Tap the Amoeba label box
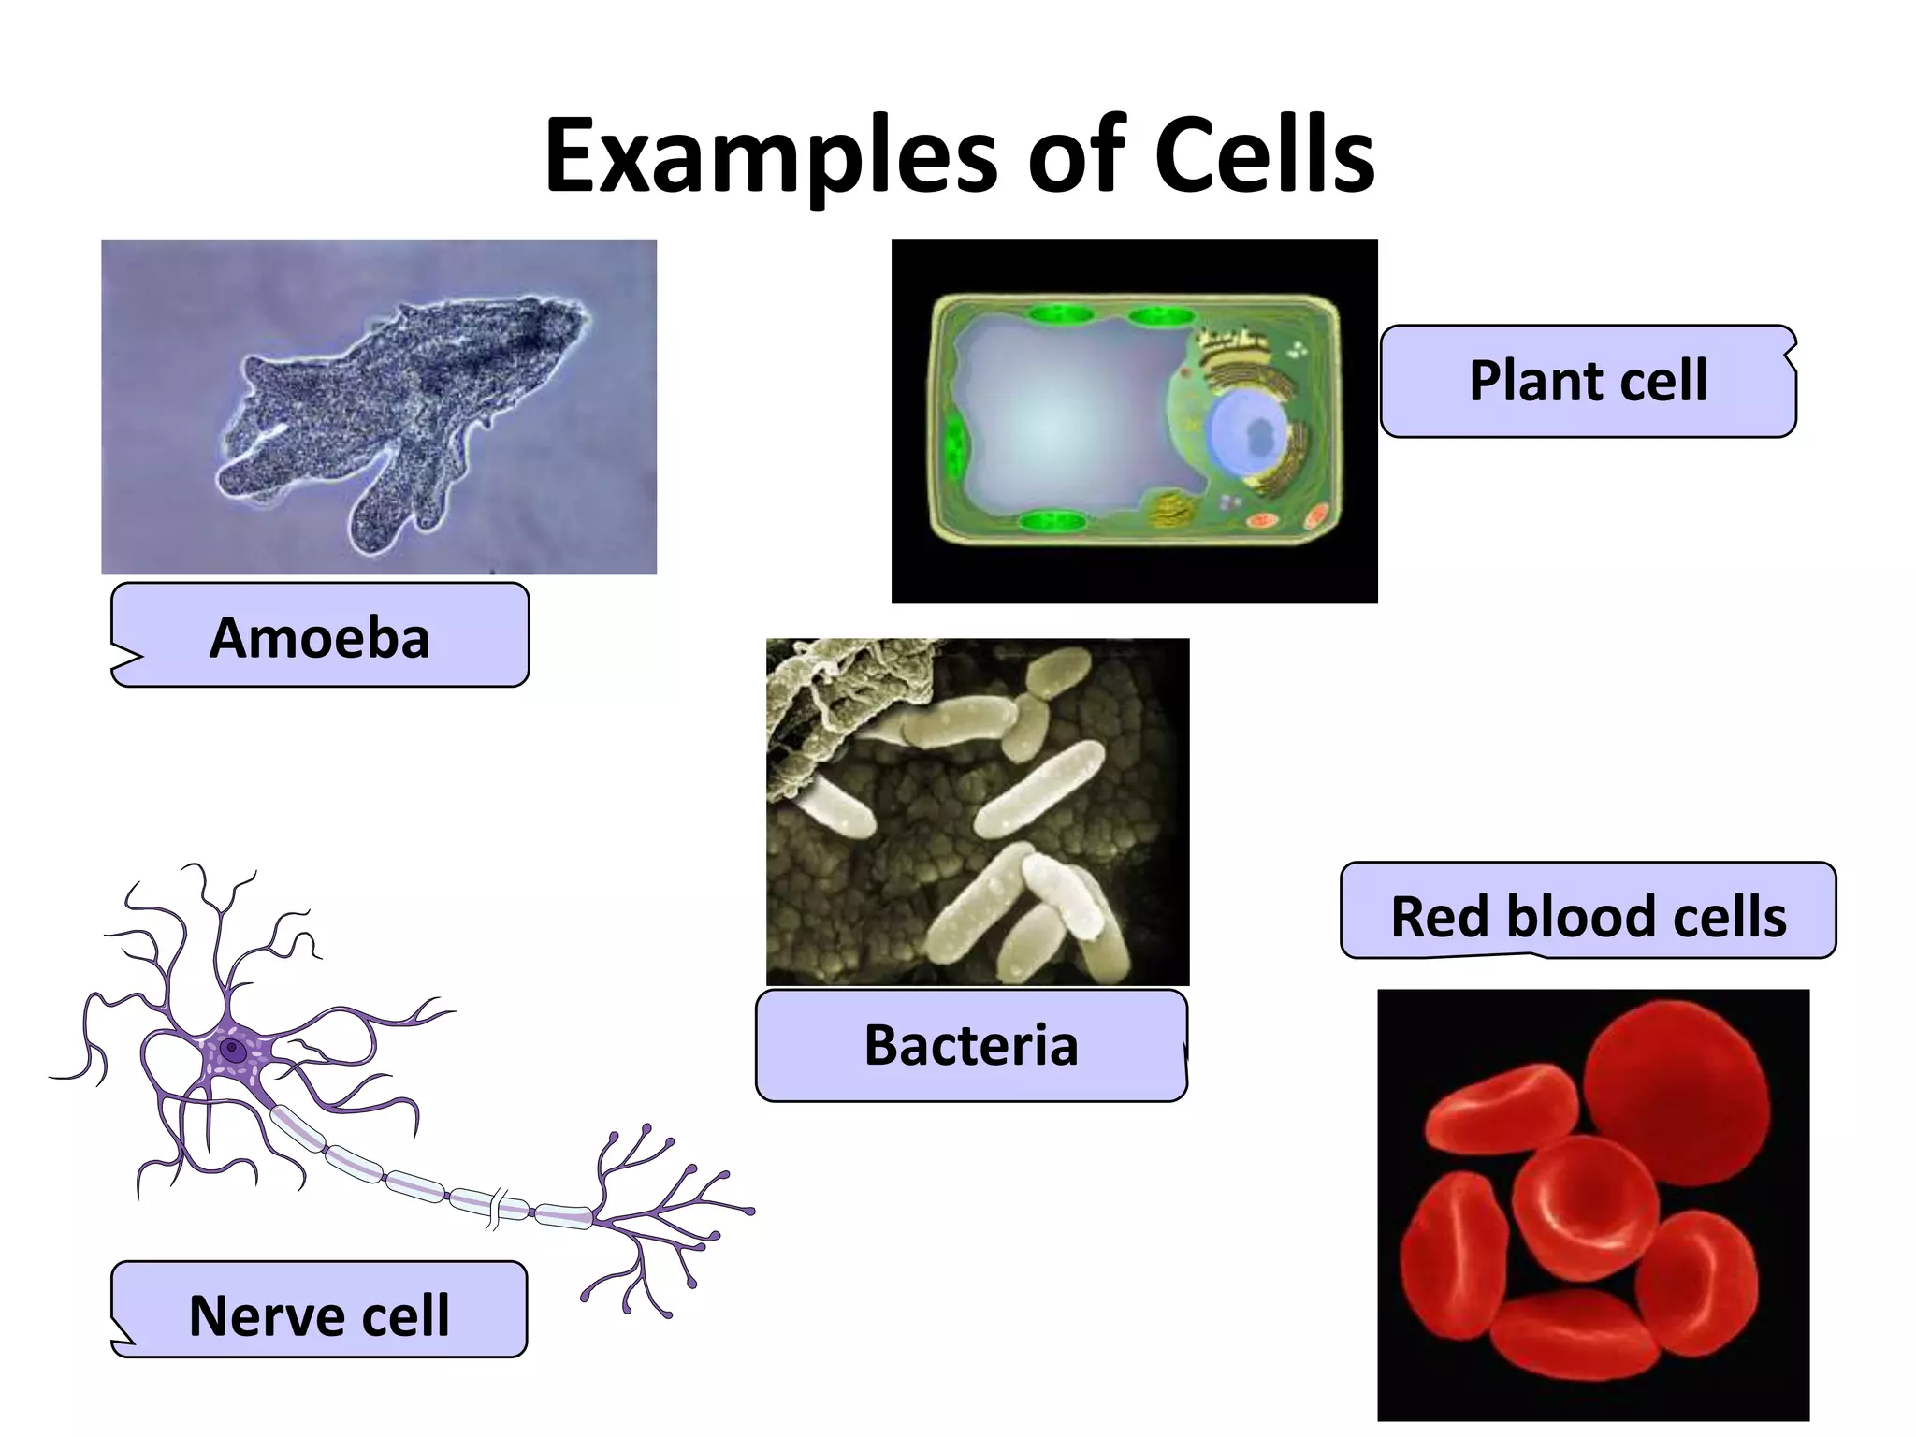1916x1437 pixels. tap(320, 636)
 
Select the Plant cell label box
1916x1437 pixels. tap(1588, 381)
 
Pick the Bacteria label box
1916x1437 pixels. tap(971, 1045)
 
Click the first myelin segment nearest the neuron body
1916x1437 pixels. tap(298, 1127)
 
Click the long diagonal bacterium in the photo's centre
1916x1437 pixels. tap(1038, 788)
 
